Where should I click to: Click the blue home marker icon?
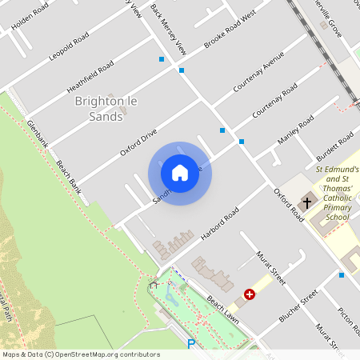[x=180, y=173]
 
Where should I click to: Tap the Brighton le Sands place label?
[x=100, y=109]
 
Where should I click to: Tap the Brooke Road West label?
[x=229, y=29]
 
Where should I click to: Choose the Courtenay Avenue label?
[x=259, y=73]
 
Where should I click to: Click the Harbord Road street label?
[x=221, y=225]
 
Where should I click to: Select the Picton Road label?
[x=349, y=321]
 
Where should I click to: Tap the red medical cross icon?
[x=250, y=294]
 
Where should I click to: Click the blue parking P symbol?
[x=190, y=345]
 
